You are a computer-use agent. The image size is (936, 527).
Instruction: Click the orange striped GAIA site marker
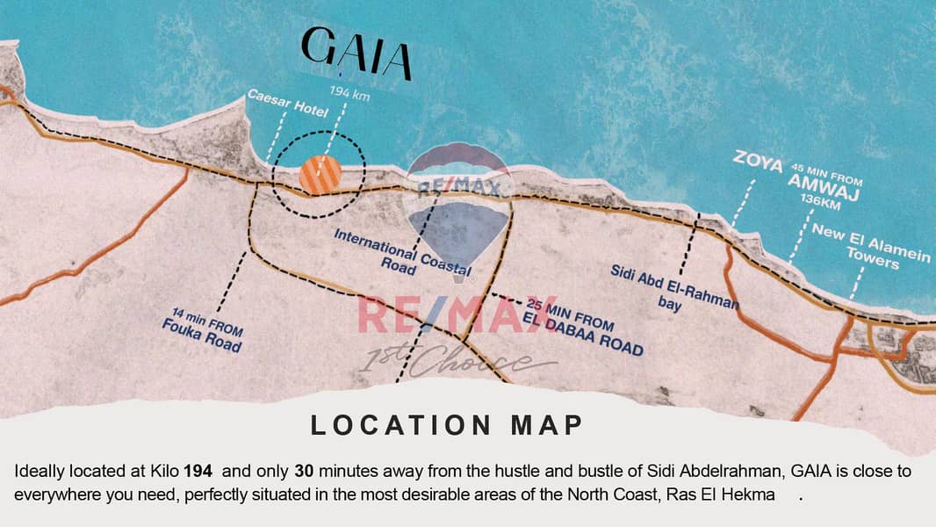coord(320,174)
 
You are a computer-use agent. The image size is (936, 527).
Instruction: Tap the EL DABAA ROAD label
coord(582,337)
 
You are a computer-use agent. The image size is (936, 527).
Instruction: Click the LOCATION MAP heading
coord(447,425)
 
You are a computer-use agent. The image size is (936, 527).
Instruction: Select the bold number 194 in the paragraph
coord(198,472)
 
